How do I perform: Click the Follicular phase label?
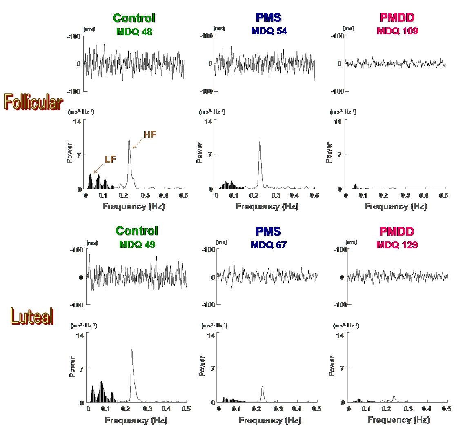point(33,102)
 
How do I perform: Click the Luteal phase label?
point(32,316)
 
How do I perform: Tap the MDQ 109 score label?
point(397,31)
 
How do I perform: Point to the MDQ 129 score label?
point(397,245)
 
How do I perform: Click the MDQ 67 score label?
point(268,245)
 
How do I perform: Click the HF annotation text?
point(150,135)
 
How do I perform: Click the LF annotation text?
point(110,159)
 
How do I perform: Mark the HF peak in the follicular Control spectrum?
point(129,140)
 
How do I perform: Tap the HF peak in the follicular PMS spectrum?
point(260,140)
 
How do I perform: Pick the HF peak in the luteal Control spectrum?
point(131,349)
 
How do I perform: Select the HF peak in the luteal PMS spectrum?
point(262,387)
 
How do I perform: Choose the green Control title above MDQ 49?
point(136,231)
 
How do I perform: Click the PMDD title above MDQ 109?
point(397,18)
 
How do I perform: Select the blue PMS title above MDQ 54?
point(268,18)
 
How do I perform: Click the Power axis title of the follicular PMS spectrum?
point(200,152)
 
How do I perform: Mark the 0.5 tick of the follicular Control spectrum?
point(183,196)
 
